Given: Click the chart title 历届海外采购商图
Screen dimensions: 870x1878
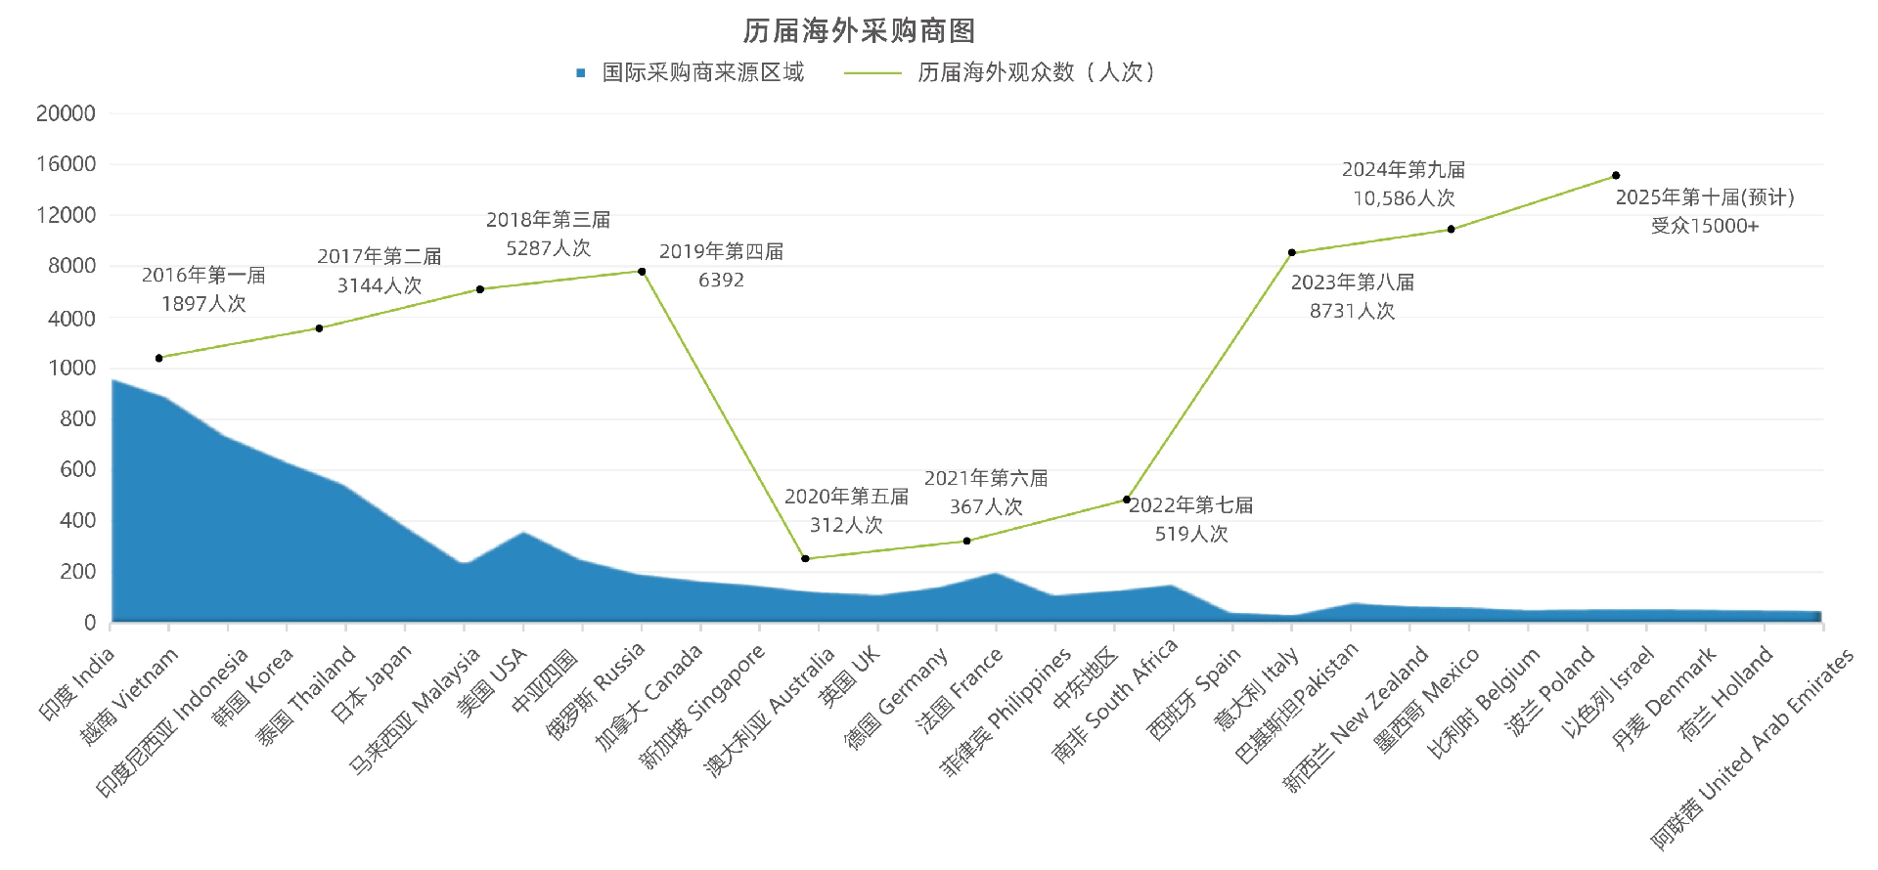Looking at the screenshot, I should [859, 31].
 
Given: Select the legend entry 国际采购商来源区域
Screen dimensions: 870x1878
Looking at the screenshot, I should [701, 72].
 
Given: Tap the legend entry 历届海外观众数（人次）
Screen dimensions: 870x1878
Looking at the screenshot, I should [1035, 72].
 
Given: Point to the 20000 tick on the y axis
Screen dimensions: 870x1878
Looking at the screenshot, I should [66, 113].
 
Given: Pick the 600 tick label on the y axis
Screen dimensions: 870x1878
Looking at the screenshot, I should [77, 470].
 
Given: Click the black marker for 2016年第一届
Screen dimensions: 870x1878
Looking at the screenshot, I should [159, 358].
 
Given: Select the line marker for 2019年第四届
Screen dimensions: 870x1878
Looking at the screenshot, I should [642, 272].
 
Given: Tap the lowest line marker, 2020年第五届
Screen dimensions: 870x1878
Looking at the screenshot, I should [805, 559].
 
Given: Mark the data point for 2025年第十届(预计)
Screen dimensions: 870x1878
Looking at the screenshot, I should [1616, 176].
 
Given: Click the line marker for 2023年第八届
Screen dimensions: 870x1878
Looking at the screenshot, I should [1292, 253].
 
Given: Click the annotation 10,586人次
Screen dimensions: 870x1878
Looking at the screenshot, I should [1404, 198].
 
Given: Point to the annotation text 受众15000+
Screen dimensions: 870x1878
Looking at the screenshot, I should [1704, 226].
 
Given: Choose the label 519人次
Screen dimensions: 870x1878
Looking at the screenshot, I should [1190, 534].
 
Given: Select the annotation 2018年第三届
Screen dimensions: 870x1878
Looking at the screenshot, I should [548, 220].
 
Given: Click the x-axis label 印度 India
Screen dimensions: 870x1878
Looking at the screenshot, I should [77, 684].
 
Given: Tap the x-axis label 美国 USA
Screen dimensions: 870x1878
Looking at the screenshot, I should [492, 682].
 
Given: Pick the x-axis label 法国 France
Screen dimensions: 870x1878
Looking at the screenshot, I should [960, 690].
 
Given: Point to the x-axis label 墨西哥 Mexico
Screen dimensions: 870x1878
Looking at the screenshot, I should [1426, 702].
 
